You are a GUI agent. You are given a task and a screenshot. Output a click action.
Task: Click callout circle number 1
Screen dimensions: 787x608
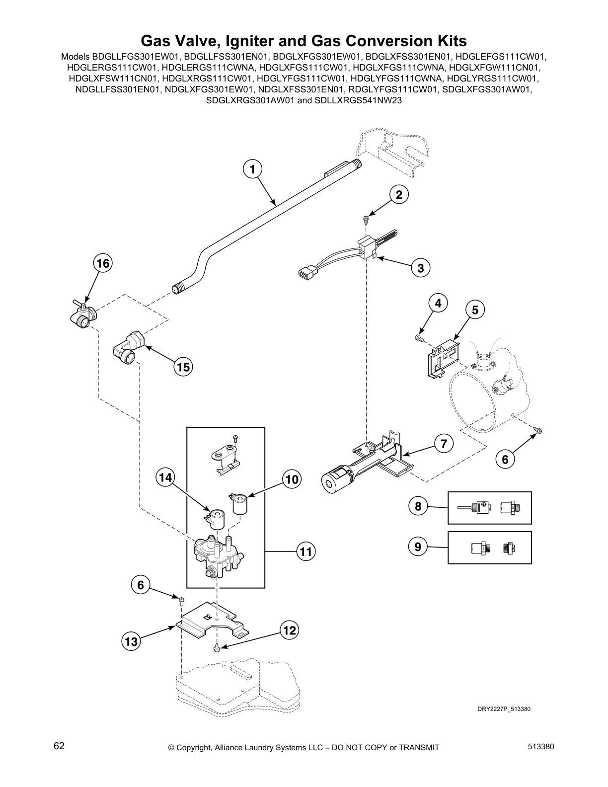pyautogui.click(x=252, y=169)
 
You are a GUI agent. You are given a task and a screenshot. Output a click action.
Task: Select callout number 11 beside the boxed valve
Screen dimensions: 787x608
pyautogui.click(x=306, y=551)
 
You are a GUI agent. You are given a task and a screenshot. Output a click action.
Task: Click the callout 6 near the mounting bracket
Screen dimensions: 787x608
pyautogui.click(x=141, y=585)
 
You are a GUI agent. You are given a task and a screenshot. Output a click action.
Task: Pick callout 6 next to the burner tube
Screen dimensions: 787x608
pyautogui.click(x=505, y=460)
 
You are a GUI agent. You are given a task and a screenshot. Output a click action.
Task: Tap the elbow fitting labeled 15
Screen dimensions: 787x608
pyautogui.click(x=128, y=347)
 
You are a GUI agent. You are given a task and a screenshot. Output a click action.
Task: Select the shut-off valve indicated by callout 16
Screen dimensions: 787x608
pyautogui.click(x=83, y=317)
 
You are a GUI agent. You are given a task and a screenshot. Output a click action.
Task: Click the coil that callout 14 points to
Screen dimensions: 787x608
pyautogui.click(x=217, y=518)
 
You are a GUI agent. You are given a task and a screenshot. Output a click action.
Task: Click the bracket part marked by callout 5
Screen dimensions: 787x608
pyautogui.click(x=443, y=358)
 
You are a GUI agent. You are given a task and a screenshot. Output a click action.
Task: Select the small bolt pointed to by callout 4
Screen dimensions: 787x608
pyautogui.click(x=418, y=338)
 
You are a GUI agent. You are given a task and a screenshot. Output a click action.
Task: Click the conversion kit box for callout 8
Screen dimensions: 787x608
pyautogui.click(x=490, y=508)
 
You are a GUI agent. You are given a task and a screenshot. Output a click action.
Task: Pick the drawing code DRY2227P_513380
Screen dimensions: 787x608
pyautogui.click(x=501, y=709)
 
